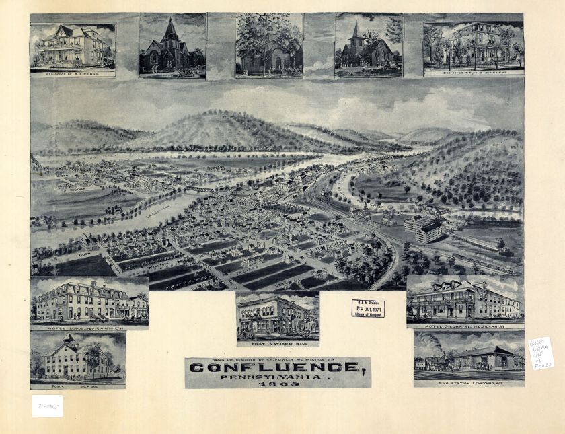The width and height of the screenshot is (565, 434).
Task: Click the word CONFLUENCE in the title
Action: point(274,367)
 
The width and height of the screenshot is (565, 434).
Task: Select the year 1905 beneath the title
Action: point(278,383)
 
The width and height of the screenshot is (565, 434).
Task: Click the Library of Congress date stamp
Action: point(368,308)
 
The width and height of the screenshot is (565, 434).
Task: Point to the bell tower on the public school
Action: point(69,339)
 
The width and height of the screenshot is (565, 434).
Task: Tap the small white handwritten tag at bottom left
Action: point(46,406)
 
